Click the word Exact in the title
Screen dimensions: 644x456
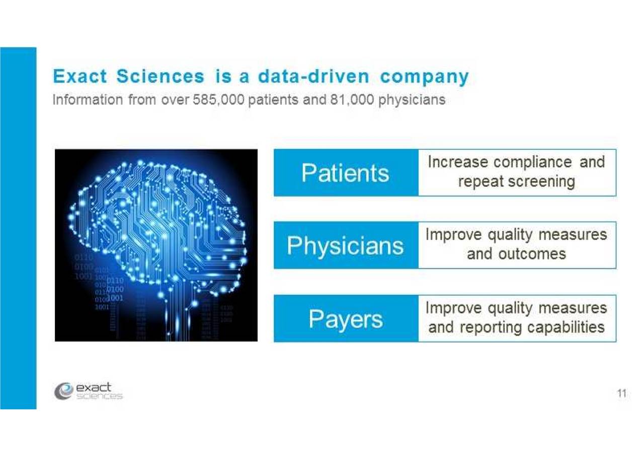[80, 76]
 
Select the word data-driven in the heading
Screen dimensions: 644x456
[313, 76]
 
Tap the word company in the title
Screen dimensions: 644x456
[424, 78]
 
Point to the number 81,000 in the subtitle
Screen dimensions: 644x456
[352, 100]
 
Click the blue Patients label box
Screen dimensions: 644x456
[346, 173]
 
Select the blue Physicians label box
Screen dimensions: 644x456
[346, 245]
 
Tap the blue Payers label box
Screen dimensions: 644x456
[346, 318]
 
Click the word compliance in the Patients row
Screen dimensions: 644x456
[533, 163]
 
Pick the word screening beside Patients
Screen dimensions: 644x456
[542, 182]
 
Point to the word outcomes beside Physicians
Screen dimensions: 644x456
[532, 254]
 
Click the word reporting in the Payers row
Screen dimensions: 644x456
[492, 328]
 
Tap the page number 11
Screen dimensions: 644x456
[621, 393]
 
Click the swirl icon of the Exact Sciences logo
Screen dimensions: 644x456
[63, 391]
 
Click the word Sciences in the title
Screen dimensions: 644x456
[160, 76]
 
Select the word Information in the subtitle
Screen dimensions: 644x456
[88, 100]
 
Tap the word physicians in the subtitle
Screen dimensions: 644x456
[412, 100]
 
